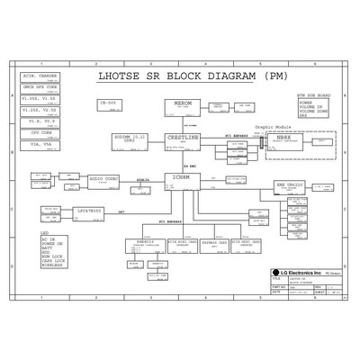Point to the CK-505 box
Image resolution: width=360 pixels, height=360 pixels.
110,104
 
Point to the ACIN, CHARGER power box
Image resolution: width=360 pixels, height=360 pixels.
39,77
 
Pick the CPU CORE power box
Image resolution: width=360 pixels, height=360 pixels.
39,132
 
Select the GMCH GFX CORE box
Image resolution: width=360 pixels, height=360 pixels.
39,88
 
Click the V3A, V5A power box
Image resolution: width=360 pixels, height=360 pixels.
39,143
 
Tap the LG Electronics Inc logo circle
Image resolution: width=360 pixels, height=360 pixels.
276,272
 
